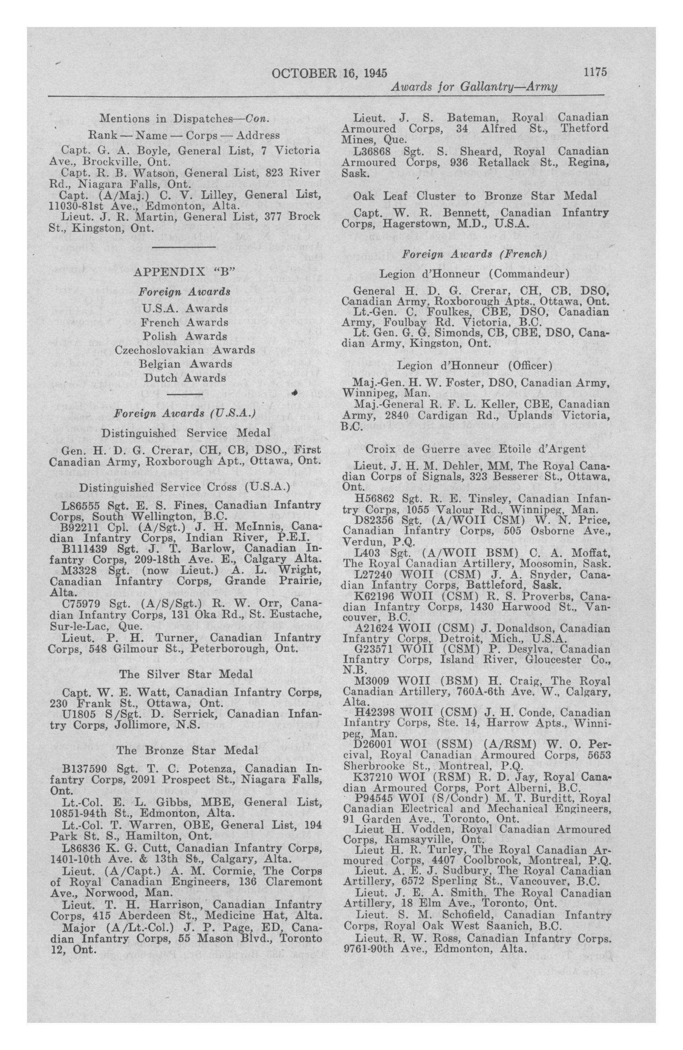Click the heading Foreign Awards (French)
point(475,255)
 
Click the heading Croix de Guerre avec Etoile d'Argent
point(475,450)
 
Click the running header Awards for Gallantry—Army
point(474,87)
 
